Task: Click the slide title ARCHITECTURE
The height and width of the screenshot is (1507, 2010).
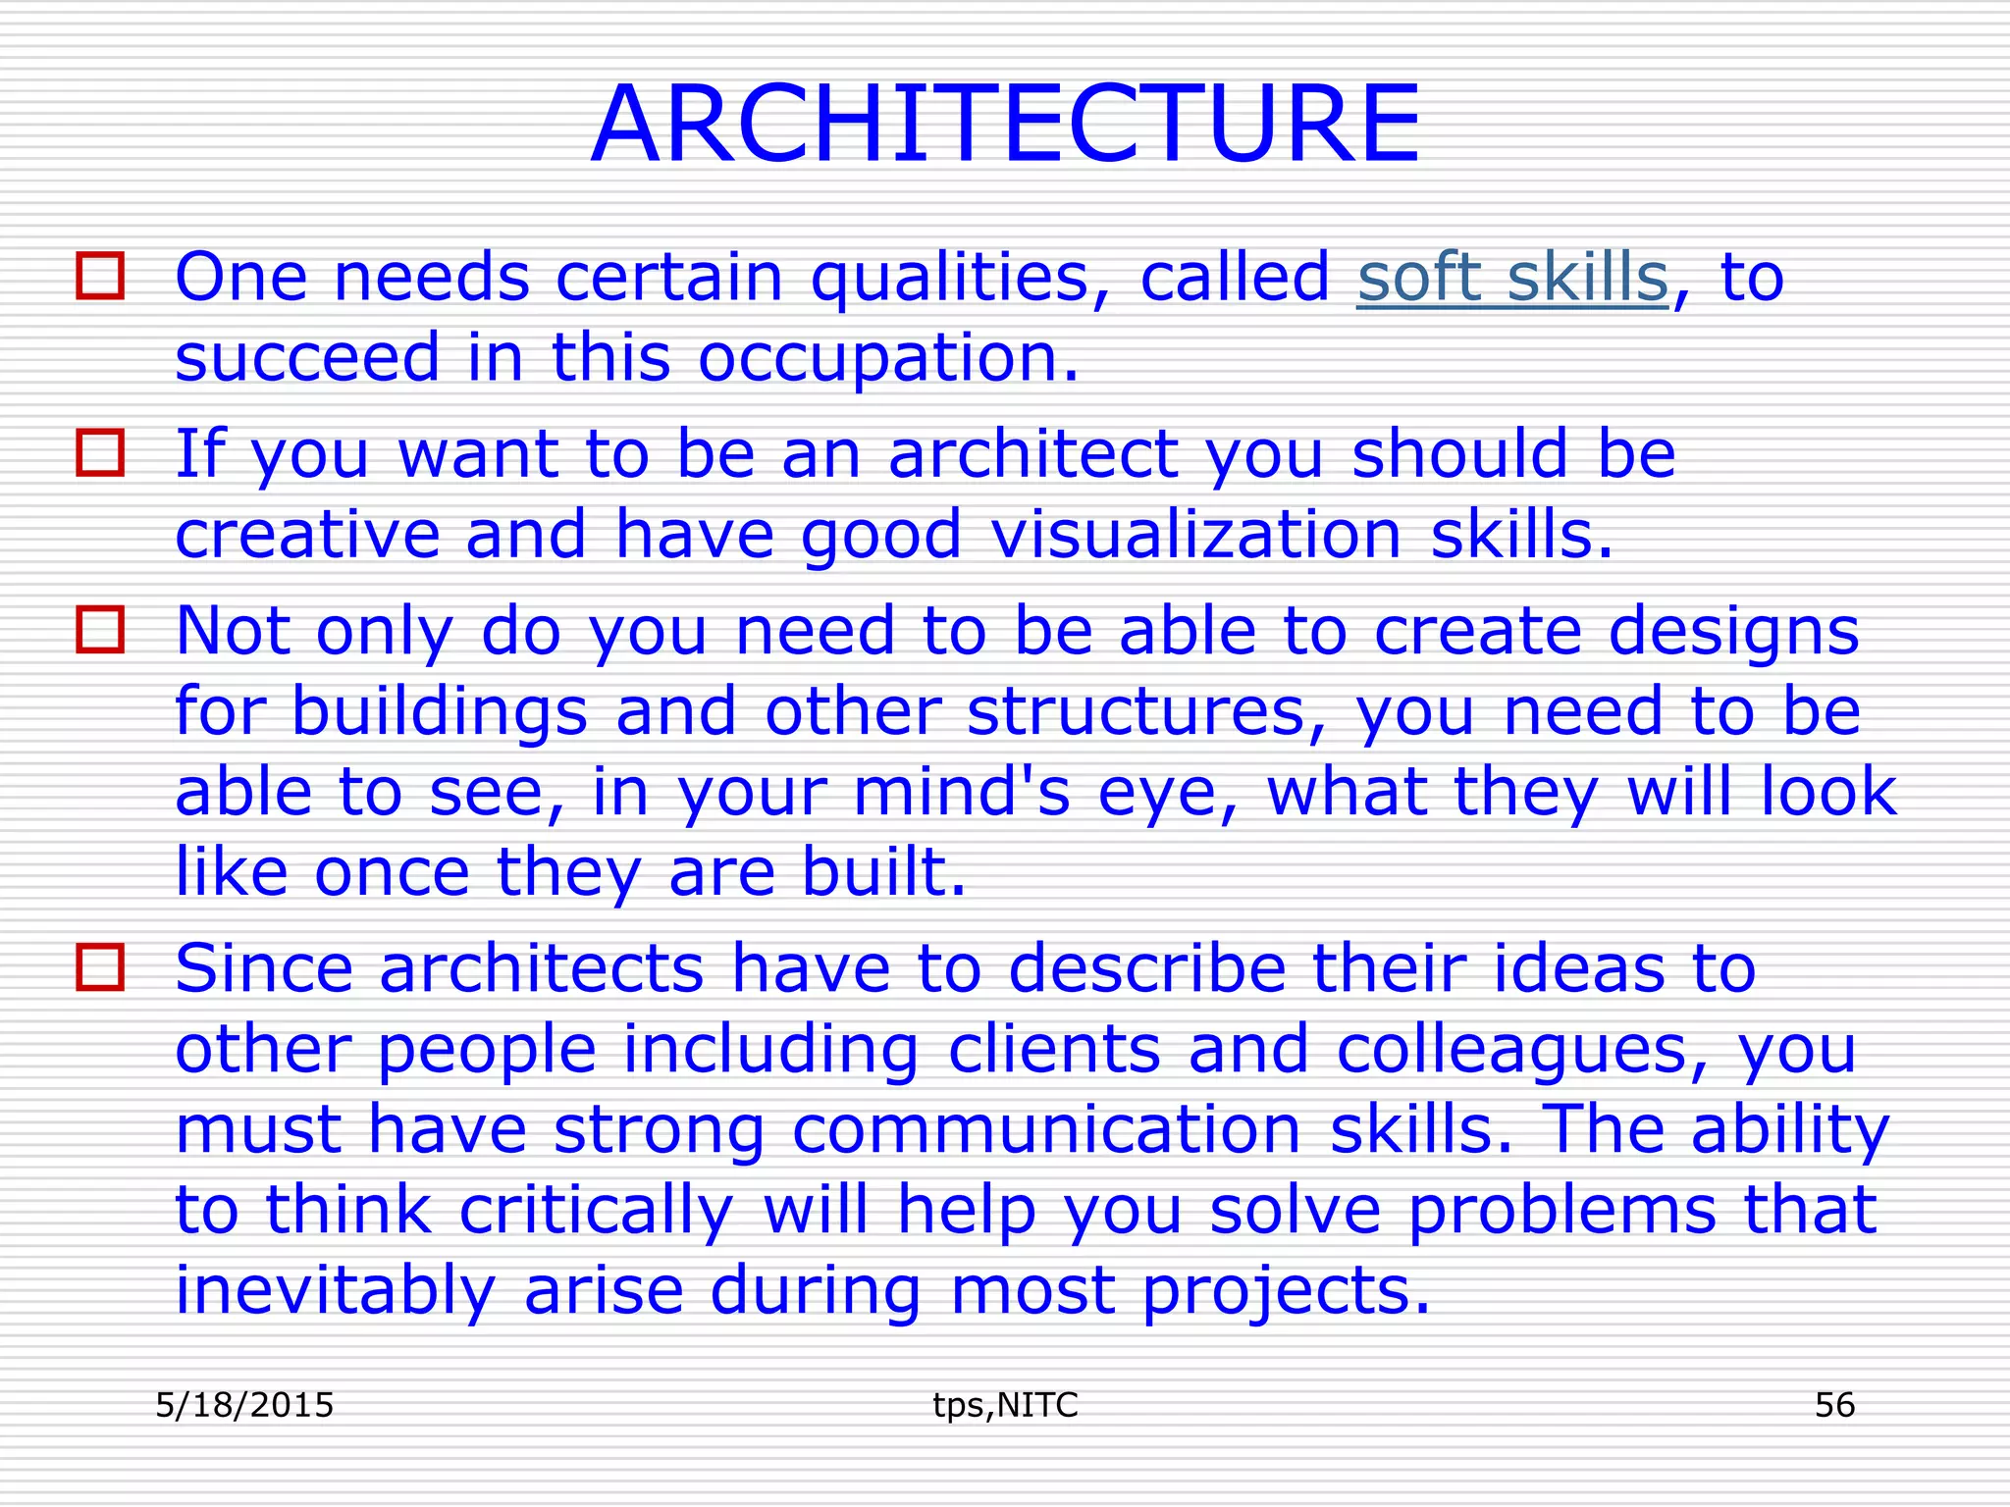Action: (1005, 125)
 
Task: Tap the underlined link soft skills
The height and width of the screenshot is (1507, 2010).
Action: (1512, 278)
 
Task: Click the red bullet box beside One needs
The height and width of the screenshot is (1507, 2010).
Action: (100, 276)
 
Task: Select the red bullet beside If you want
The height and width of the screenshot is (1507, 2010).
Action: (100, 453)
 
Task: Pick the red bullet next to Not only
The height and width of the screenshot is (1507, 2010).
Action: (100, 630)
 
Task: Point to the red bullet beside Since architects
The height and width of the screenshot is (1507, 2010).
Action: (100, 967)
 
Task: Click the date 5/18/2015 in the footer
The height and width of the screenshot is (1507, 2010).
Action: (244, 1405)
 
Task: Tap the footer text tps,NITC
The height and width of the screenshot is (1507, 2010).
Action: (1005, 1405)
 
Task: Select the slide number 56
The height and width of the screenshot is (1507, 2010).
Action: (1834, 1405)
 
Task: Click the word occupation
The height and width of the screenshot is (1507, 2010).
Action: (888, 358)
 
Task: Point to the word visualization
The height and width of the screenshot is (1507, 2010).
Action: (1195, 536)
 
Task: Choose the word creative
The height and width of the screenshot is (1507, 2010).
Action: (306, 536)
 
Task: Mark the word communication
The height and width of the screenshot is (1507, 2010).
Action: (1046, 1129)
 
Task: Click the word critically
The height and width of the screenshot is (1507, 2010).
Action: (596, 1211)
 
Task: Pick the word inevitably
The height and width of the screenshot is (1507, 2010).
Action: (335, 1291)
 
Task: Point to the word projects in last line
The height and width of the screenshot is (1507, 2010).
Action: (1286, 1291)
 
